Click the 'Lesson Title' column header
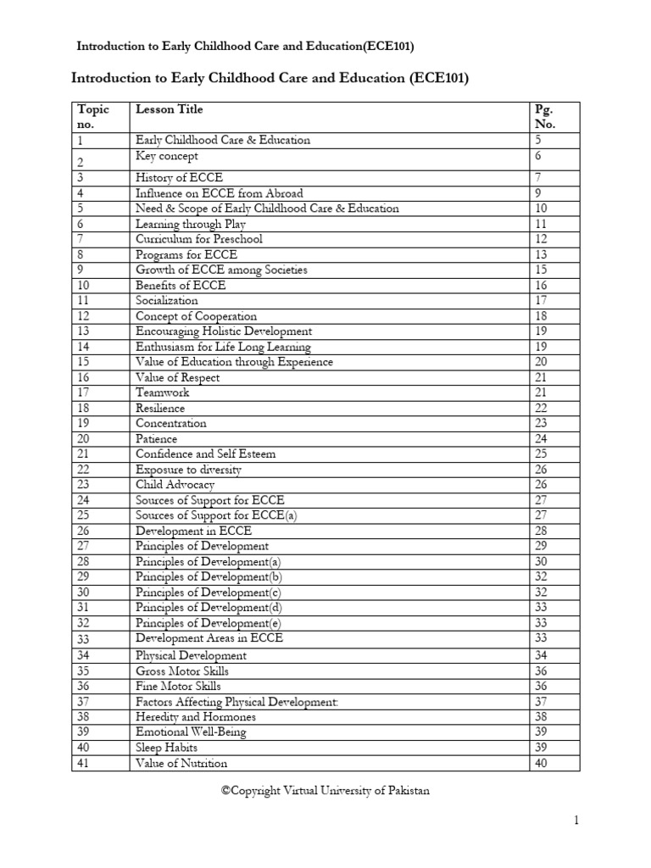tap(170, 109)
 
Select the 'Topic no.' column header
tap(93, 117)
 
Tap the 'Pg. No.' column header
tap(544, 117)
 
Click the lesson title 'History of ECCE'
tap(180, 178)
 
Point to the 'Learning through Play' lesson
tap(191, 224)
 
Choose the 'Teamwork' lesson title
tap(163, 392)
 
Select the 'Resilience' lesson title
tap(160, 408)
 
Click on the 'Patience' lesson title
tap(157, 439)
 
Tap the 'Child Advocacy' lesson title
tap(175, 485)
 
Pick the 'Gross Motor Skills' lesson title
tap(183, 670)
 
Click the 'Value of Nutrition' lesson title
tap(181, 763)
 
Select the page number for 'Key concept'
tap(537, 157)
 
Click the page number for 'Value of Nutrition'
tap(541, 763)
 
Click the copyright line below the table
tap(325, 791)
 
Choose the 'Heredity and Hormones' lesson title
tap(196, 716)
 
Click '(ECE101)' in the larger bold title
tap(438, 79)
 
